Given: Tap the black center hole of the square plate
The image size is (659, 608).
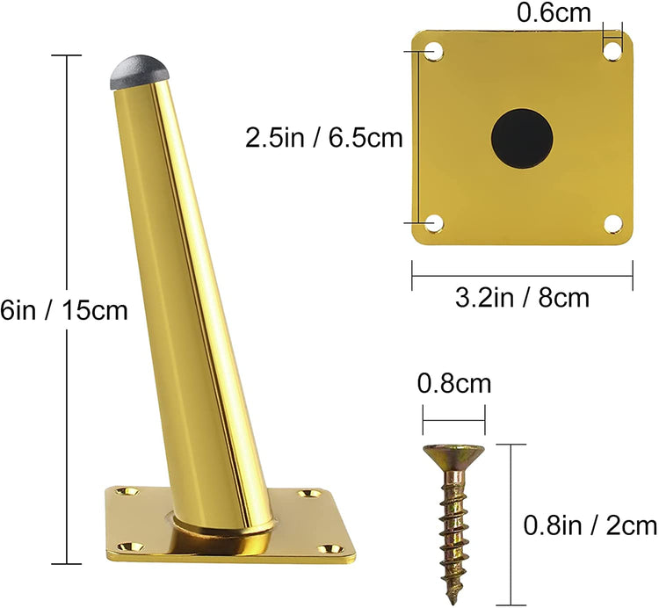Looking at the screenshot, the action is (x=522, y=139).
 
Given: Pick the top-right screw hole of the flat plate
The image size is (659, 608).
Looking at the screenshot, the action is (x=612, y=51).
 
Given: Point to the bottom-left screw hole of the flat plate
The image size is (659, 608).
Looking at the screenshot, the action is (x=434, y=223).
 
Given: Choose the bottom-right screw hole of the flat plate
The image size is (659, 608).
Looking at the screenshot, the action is (x=612, y=222).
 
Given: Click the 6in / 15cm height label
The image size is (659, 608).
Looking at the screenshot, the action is (x=64, y=311).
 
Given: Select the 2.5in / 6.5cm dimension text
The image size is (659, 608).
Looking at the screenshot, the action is (x=323, y=137).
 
